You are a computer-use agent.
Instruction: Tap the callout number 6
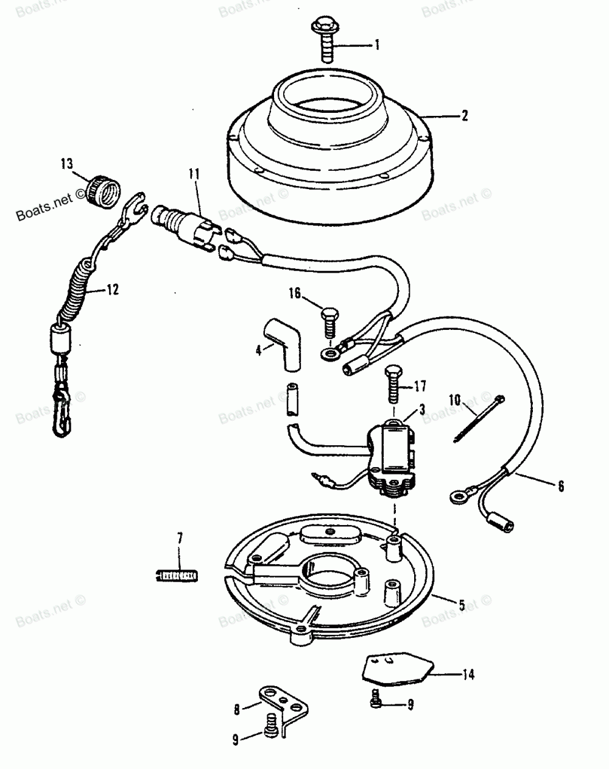coord(560,486)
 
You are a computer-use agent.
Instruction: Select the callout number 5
coord(462,605)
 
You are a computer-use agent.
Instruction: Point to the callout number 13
coord(66,163)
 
